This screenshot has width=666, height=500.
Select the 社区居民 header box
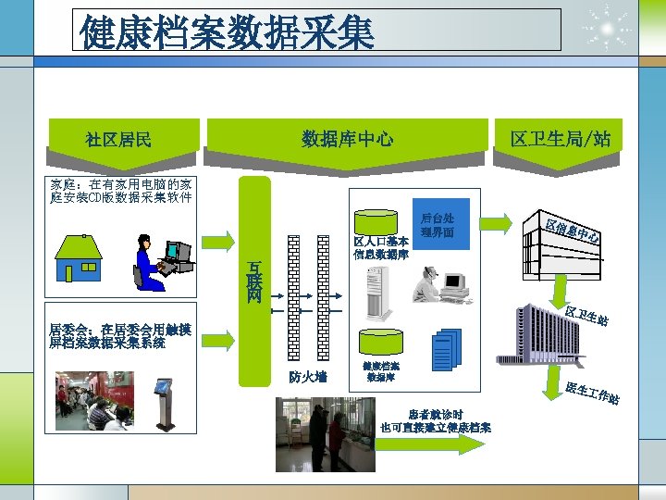(x=118, y=140)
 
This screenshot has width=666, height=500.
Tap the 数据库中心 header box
(x=347, y=140)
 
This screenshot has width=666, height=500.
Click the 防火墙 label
(x=307, y=377)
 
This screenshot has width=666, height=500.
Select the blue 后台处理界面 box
(x=438, y=225)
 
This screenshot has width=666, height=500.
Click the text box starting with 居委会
(x=120, y=335)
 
